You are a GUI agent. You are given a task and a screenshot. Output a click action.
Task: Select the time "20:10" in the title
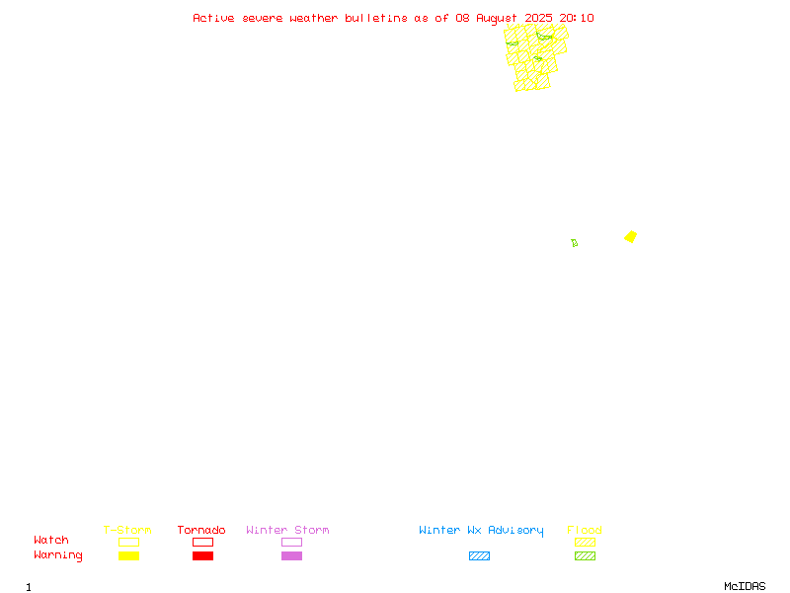click(x=577, y=18)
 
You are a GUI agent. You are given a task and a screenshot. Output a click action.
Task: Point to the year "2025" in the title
click(x=538, y=18)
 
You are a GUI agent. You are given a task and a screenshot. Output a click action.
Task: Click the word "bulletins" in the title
click(x=376, y=18)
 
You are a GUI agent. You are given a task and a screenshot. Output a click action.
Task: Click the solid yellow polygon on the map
click(x=630, y=236)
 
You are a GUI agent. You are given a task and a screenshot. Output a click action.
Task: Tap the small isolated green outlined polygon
click(x=575, y=243)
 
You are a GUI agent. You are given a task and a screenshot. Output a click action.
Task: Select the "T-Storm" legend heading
click(x=127, y=530)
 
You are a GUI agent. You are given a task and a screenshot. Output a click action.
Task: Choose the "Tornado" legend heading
click(x=201, y=530)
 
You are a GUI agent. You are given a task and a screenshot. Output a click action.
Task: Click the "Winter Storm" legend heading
click(x=287, y=530)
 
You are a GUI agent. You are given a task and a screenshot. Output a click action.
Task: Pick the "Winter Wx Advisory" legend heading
click(x=481, y=531)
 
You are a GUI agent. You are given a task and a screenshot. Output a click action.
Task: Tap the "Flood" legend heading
click(x=585, y=530)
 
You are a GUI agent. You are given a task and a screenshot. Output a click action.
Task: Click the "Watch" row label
click(x=51, y=540)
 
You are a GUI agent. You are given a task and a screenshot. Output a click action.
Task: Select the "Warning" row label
click(x=58, y=555)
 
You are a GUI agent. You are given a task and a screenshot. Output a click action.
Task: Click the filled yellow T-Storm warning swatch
click(x=129, y=555)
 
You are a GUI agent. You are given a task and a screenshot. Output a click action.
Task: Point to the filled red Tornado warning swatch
click(x=203, y=555)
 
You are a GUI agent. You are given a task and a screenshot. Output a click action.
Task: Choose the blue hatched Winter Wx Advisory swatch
click(x=479, y=555)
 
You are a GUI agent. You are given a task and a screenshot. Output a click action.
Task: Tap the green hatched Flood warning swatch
click(x=585, y=555)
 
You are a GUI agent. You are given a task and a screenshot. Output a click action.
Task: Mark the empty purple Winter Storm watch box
click(x=291, y=538)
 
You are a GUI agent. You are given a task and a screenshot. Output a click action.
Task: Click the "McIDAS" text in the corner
click(x=745, y=586)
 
